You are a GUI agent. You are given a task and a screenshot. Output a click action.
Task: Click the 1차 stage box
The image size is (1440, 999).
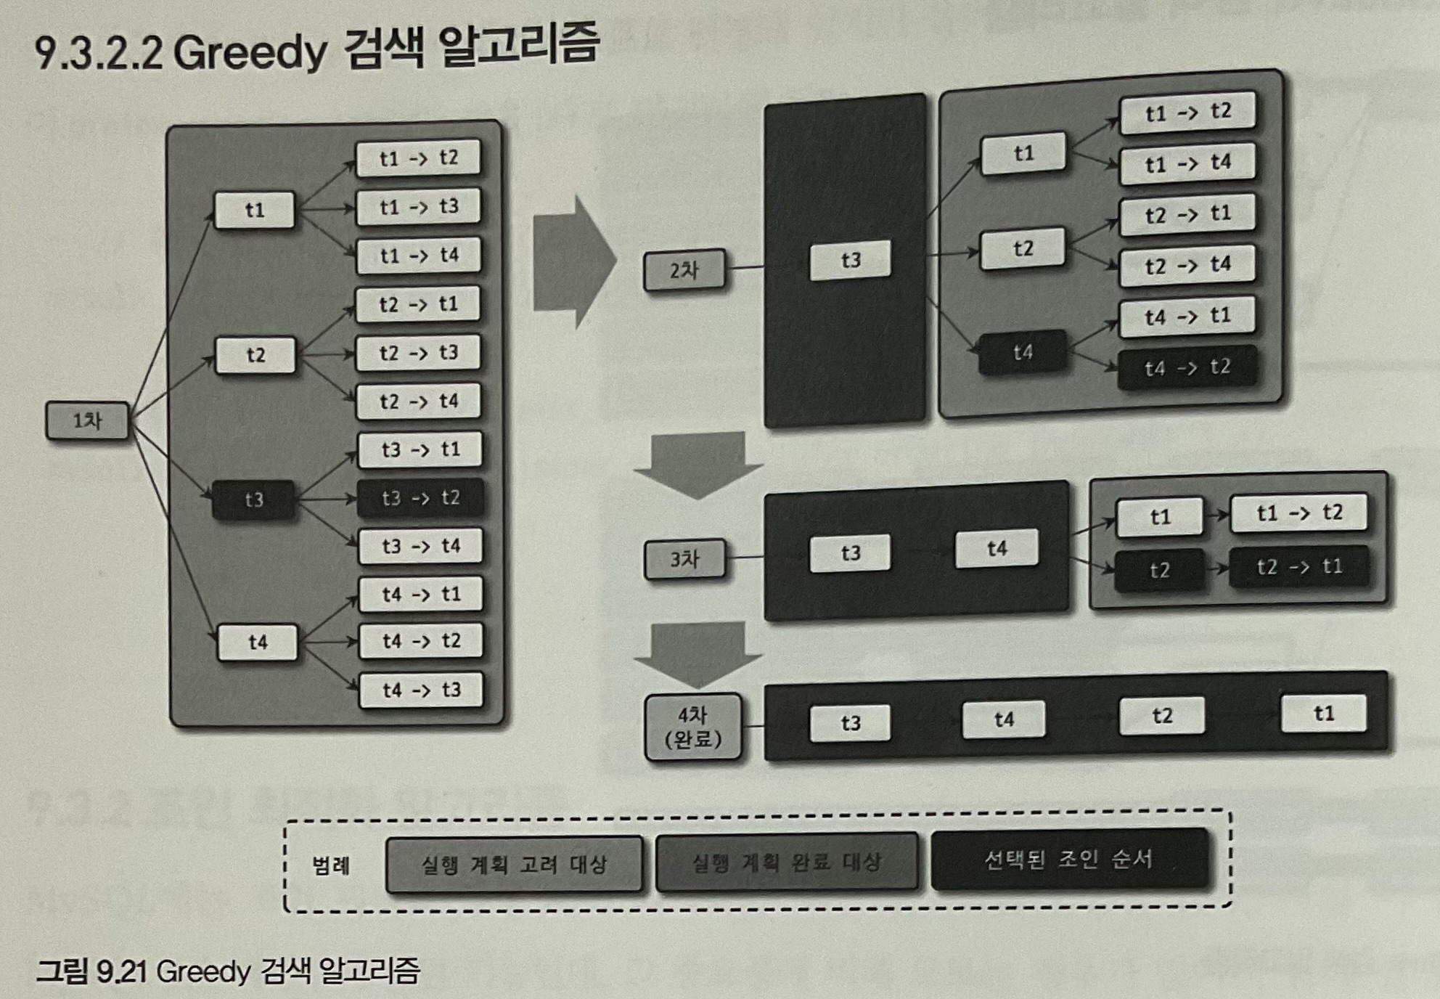[x=87, y=420]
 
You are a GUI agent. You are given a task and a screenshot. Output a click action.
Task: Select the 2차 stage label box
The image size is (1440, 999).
[x=684, y=270]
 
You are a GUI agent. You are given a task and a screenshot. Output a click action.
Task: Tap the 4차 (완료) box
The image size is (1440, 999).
[x=693, y=727]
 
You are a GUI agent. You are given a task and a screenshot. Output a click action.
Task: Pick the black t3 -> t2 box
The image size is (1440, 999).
[x=420, y=497]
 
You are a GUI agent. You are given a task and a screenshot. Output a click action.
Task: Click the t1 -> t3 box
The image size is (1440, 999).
[x=418, y=207]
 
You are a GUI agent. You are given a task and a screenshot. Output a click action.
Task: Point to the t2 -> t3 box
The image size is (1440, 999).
[x=418, y=353]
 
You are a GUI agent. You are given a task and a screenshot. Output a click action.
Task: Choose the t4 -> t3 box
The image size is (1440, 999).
[x=421, y=690]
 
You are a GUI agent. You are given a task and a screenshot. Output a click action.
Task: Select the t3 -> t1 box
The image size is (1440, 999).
[x=420, y=449]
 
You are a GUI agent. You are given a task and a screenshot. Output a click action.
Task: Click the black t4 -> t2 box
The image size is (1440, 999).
[x=1187, y=367]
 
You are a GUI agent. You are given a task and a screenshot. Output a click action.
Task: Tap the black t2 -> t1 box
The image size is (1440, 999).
[x=1298, y=566]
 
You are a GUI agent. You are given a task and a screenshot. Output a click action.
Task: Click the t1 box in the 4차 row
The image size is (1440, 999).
[x=1323, y=714]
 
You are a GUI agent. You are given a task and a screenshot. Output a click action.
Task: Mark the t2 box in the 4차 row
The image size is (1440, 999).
[x=1161, y=717]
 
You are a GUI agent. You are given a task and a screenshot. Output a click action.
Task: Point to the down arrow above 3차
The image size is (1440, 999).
[x=697, y=465]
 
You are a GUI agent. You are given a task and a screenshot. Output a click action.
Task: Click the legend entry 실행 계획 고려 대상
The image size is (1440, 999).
[x=514, y=864]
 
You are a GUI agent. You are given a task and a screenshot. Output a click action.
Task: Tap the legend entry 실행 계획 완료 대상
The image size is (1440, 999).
[x=786, y=863]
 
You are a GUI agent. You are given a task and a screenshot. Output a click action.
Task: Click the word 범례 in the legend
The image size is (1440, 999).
[x=331, y=865]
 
